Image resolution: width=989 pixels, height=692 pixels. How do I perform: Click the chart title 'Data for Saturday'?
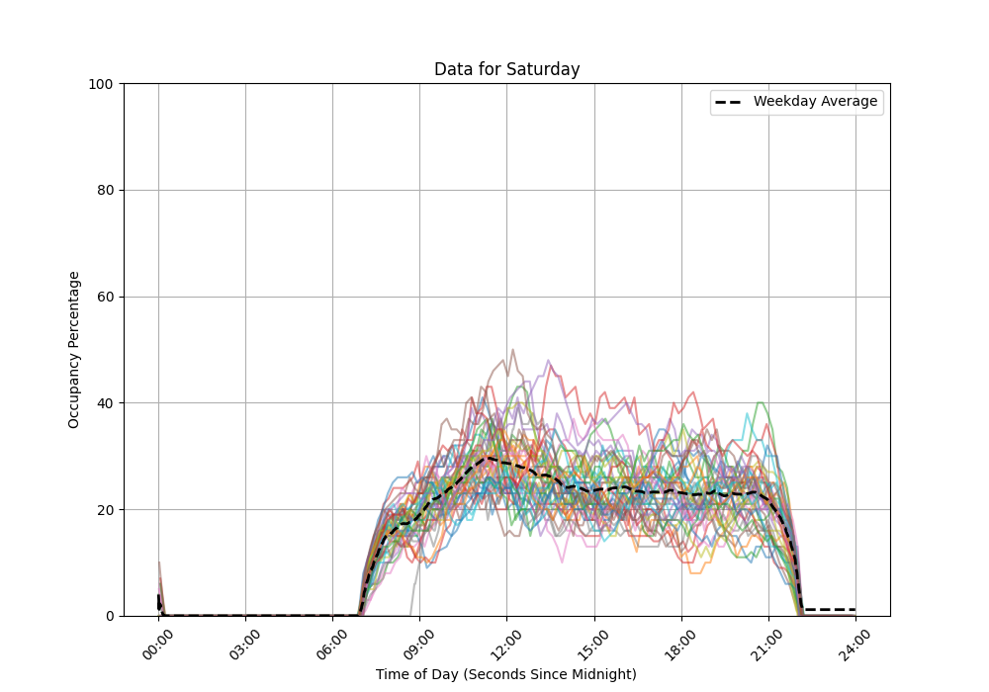[506, 69]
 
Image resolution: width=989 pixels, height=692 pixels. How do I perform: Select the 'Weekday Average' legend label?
[815, 102]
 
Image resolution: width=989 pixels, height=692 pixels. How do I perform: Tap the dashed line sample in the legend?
[730, 102]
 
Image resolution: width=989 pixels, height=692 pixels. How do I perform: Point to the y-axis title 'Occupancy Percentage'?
[74, 349]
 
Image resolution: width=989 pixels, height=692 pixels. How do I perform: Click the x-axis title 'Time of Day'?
[505, 674]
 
